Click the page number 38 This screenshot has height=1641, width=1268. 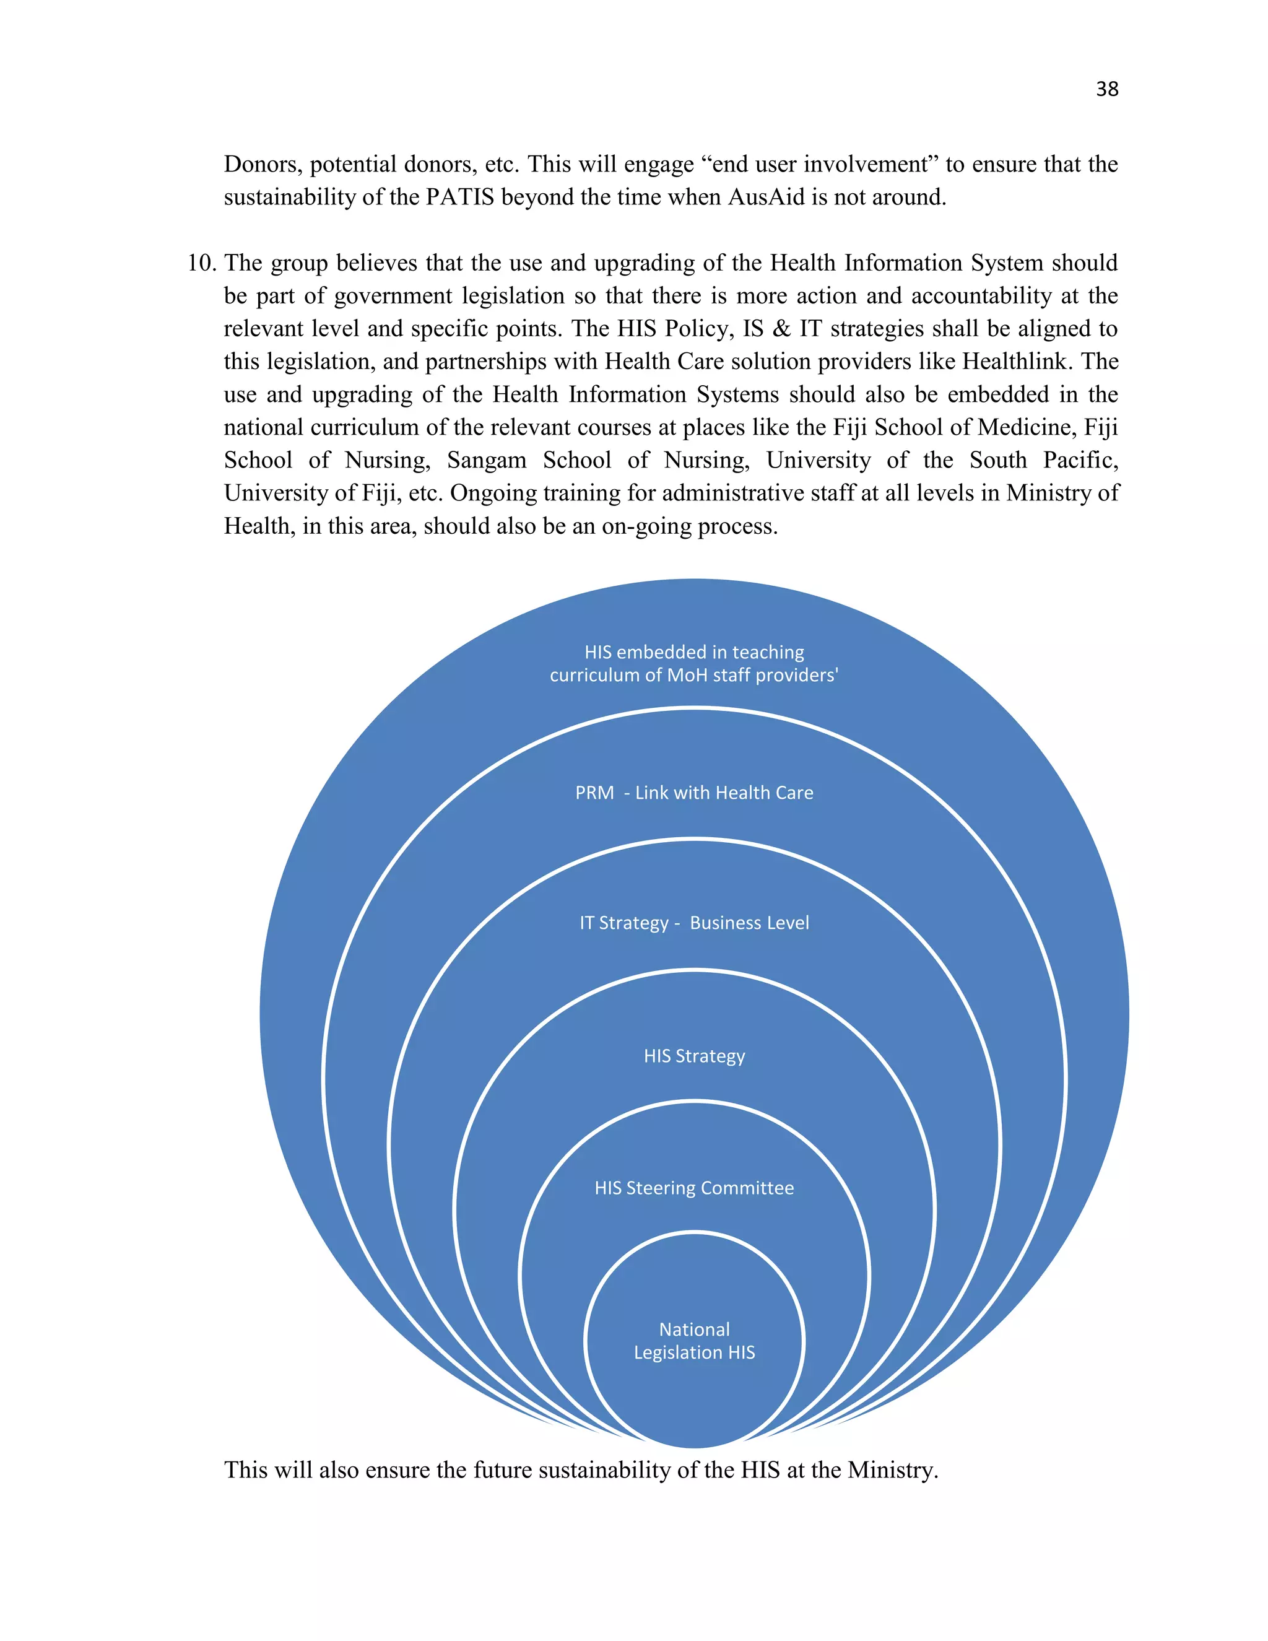1106,89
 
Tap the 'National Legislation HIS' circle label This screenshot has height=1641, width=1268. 694,1341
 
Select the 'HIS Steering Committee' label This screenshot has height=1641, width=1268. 694,1188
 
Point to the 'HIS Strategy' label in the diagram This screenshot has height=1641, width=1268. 694,1056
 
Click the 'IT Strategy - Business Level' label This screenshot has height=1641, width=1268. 694,923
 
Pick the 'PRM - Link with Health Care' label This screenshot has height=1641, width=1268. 694,793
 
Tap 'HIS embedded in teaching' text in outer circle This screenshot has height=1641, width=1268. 694,652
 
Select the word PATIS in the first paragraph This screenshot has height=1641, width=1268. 460,197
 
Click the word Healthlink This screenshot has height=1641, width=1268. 1018,362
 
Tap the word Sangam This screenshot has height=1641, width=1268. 487,460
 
